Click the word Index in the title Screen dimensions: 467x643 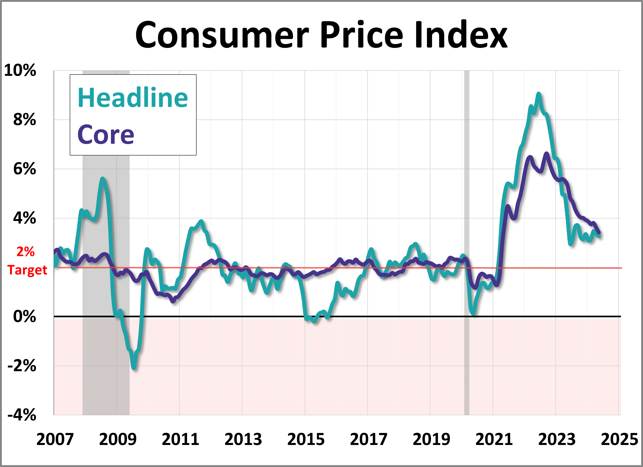[x=461, y=35]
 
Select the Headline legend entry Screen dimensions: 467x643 [x=133, y=98]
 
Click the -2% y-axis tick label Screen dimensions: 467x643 [x=22, y=366]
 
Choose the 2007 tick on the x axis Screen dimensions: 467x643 [x=55, y=439]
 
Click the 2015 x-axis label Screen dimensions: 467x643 [x=306, y=439]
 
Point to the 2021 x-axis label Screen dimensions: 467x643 [x=494, y=439]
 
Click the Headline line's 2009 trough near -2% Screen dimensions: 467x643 [x=134, y=368]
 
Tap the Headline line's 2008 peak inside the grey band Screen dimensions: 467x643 [x=102, y=179]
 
